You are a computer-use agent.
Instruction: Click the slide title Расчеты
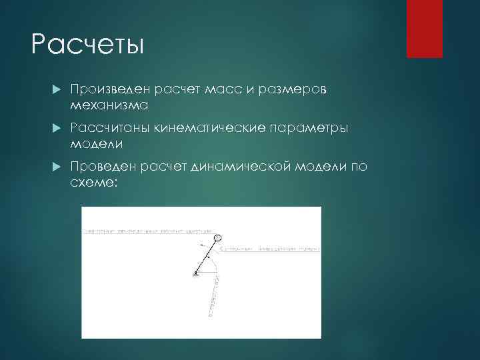87,45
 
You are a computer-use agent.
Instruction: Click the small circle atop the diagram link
217,237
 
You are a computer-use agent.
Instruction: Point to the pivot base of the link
196,273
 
